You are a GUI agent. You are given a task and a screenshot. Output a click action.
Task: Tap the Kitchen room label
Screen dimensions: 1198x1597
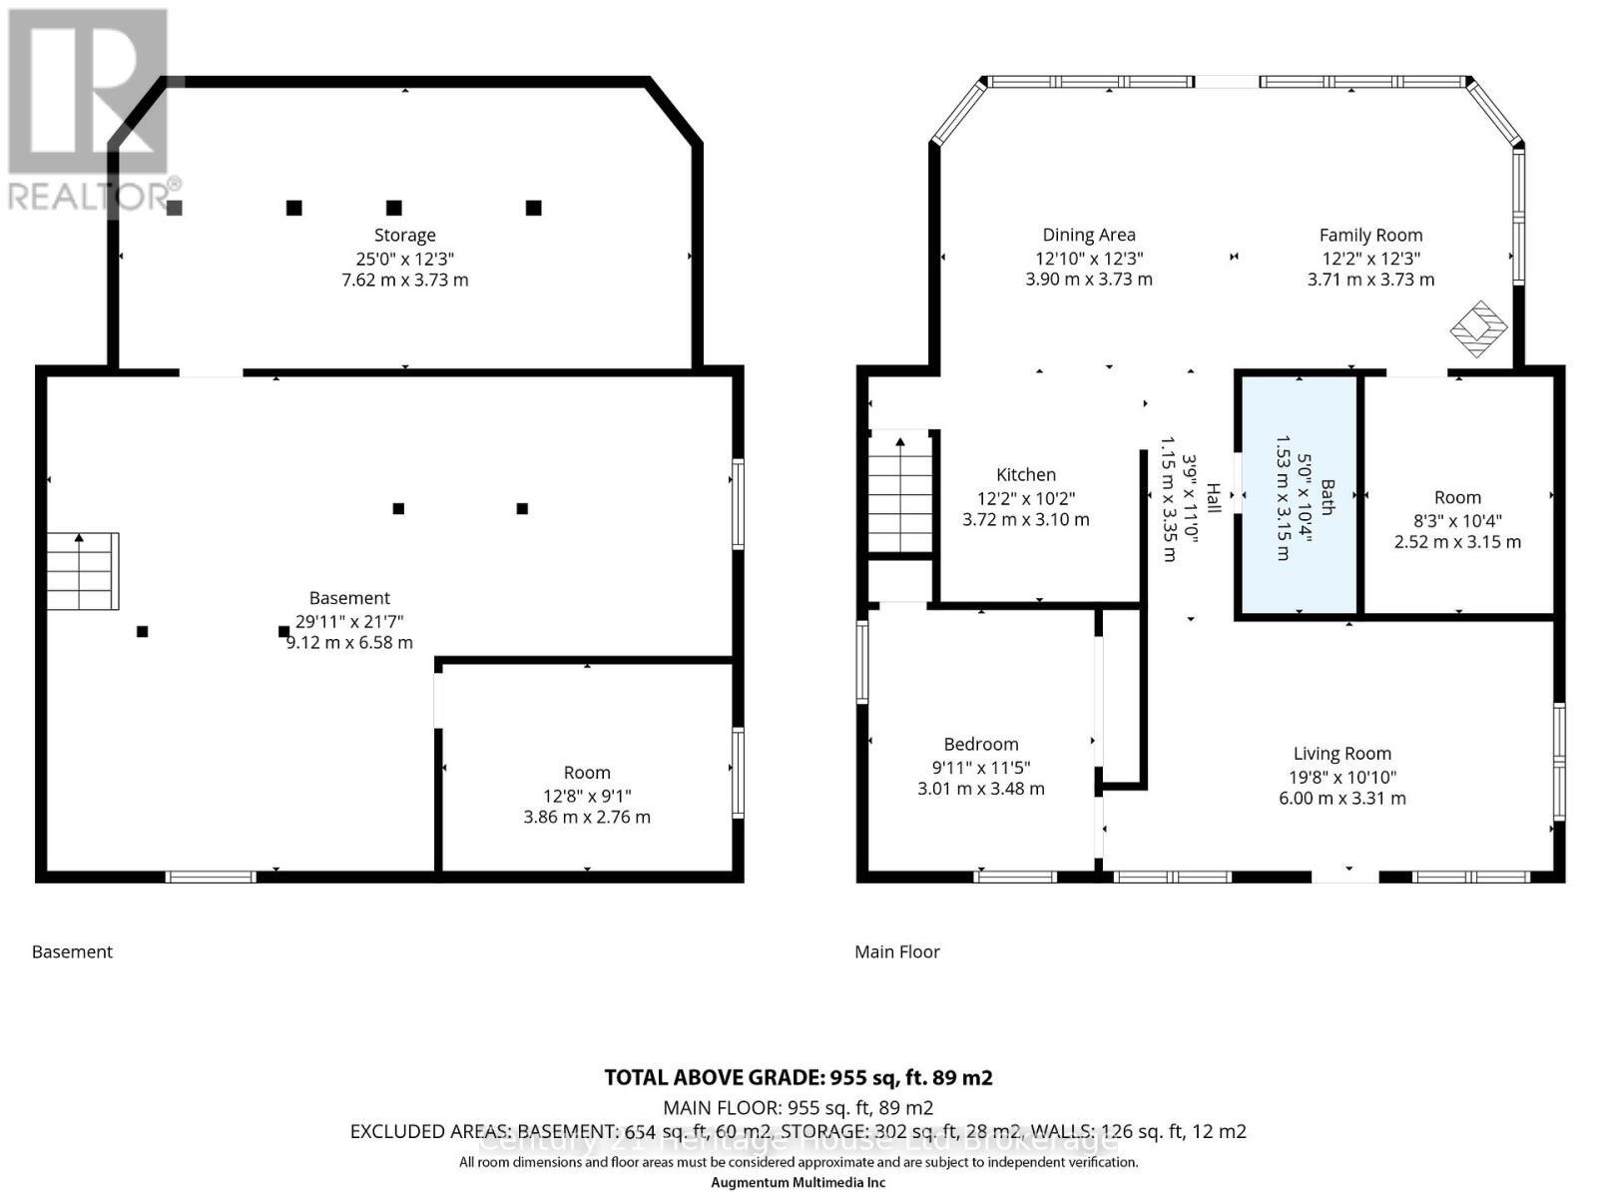1026,475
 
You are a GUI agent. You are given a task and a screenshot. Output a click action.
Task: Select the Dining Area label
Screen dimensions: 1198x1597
1089,236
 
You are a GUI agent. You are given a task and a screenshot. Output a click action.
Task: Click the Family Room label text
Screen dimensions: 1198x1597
1370,236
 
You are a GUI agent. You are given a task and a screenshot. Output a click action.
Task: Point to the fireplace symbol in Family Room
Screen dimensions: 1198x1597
1478,328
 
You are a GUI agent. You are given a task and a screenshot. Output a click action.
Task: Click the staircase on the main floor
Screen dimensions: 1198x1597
901,494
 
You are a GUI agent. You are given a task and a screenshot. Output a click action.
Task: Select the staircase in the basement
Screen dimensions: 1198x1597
82,571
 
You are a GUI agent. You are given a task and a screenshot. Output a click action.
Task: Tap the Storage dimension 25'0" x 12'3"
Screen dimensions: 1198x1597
404,258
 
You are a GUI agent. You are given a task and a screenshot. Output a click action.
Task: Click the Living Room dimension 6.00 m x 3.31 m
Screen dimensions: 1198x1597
1341,799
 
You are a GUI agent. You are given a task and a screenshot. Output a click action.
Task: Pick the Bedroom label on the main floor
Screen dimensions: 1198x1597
981,745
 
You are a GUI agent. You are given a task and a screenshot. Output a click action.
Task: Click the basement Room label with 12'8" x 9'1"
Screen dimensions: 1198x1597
587,773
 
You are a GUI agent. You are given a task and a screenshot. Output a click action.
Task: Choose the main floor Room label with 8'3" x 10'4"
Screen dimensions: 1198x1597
1457,498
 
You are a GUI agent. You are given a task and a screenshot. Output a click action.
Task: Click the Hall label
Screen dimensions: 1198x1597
1214,497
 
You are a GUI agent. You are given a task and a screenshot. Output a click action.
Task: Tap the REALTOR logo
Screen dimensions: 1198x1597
90,110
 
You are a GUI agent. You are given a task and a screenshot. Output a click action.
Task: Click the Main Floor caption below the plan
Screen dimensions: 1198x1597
897,952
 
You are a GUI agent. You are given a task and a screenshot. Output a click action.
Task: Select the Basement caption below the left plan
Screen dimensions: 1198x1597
72,952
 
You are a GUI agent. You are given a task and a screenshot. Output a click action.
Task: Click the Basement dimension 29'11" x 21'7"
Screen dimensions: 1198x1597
349,621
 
